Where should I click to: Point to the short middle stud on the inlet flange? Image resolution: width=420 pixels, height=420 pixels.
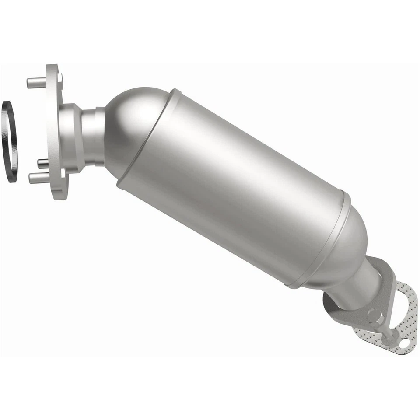[42, 164]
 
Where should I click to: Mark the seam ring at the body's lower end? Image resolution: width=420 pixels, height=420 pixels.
[319, 245]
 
